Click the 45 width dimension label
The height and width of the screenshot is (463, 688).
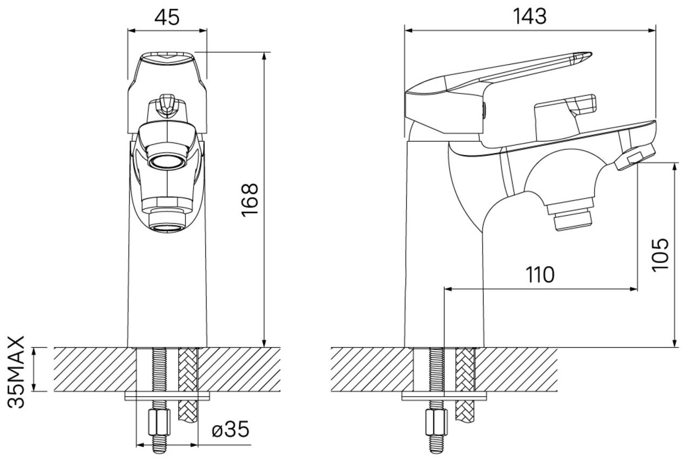click(167, 17)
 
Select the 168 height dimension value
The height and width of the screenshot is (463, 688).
click(250, 201)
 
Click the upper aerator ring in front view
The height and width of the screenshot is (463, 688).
click(167, 161)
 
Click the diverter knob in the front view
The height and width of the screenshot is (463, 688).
click(167, 105)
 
